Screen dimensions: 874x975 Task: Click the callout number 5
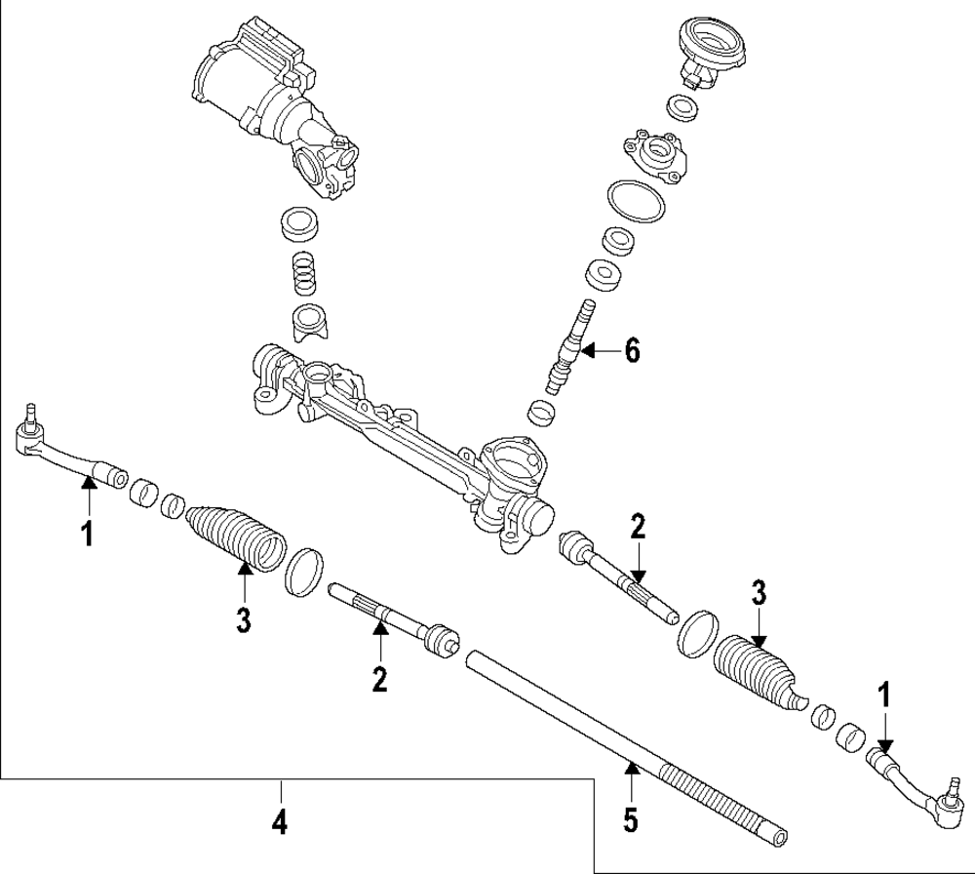pos(631,817)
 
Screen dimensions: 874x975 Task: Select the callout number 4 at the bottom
pos(280,822)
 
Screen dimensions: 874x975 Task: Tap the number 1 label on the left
pos(88,534)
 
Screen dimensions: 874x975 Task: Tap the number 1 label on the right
pos(885,695)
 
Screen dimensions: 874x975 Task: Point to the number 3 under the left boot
pos(244,617)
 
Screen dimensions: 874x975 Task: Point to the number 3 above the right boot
pos(760,593)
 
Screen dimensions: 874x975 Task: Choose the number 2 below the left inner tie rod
pos(379,678)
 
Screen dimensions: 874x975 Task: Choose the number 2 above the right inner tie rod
pos(638,528)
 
